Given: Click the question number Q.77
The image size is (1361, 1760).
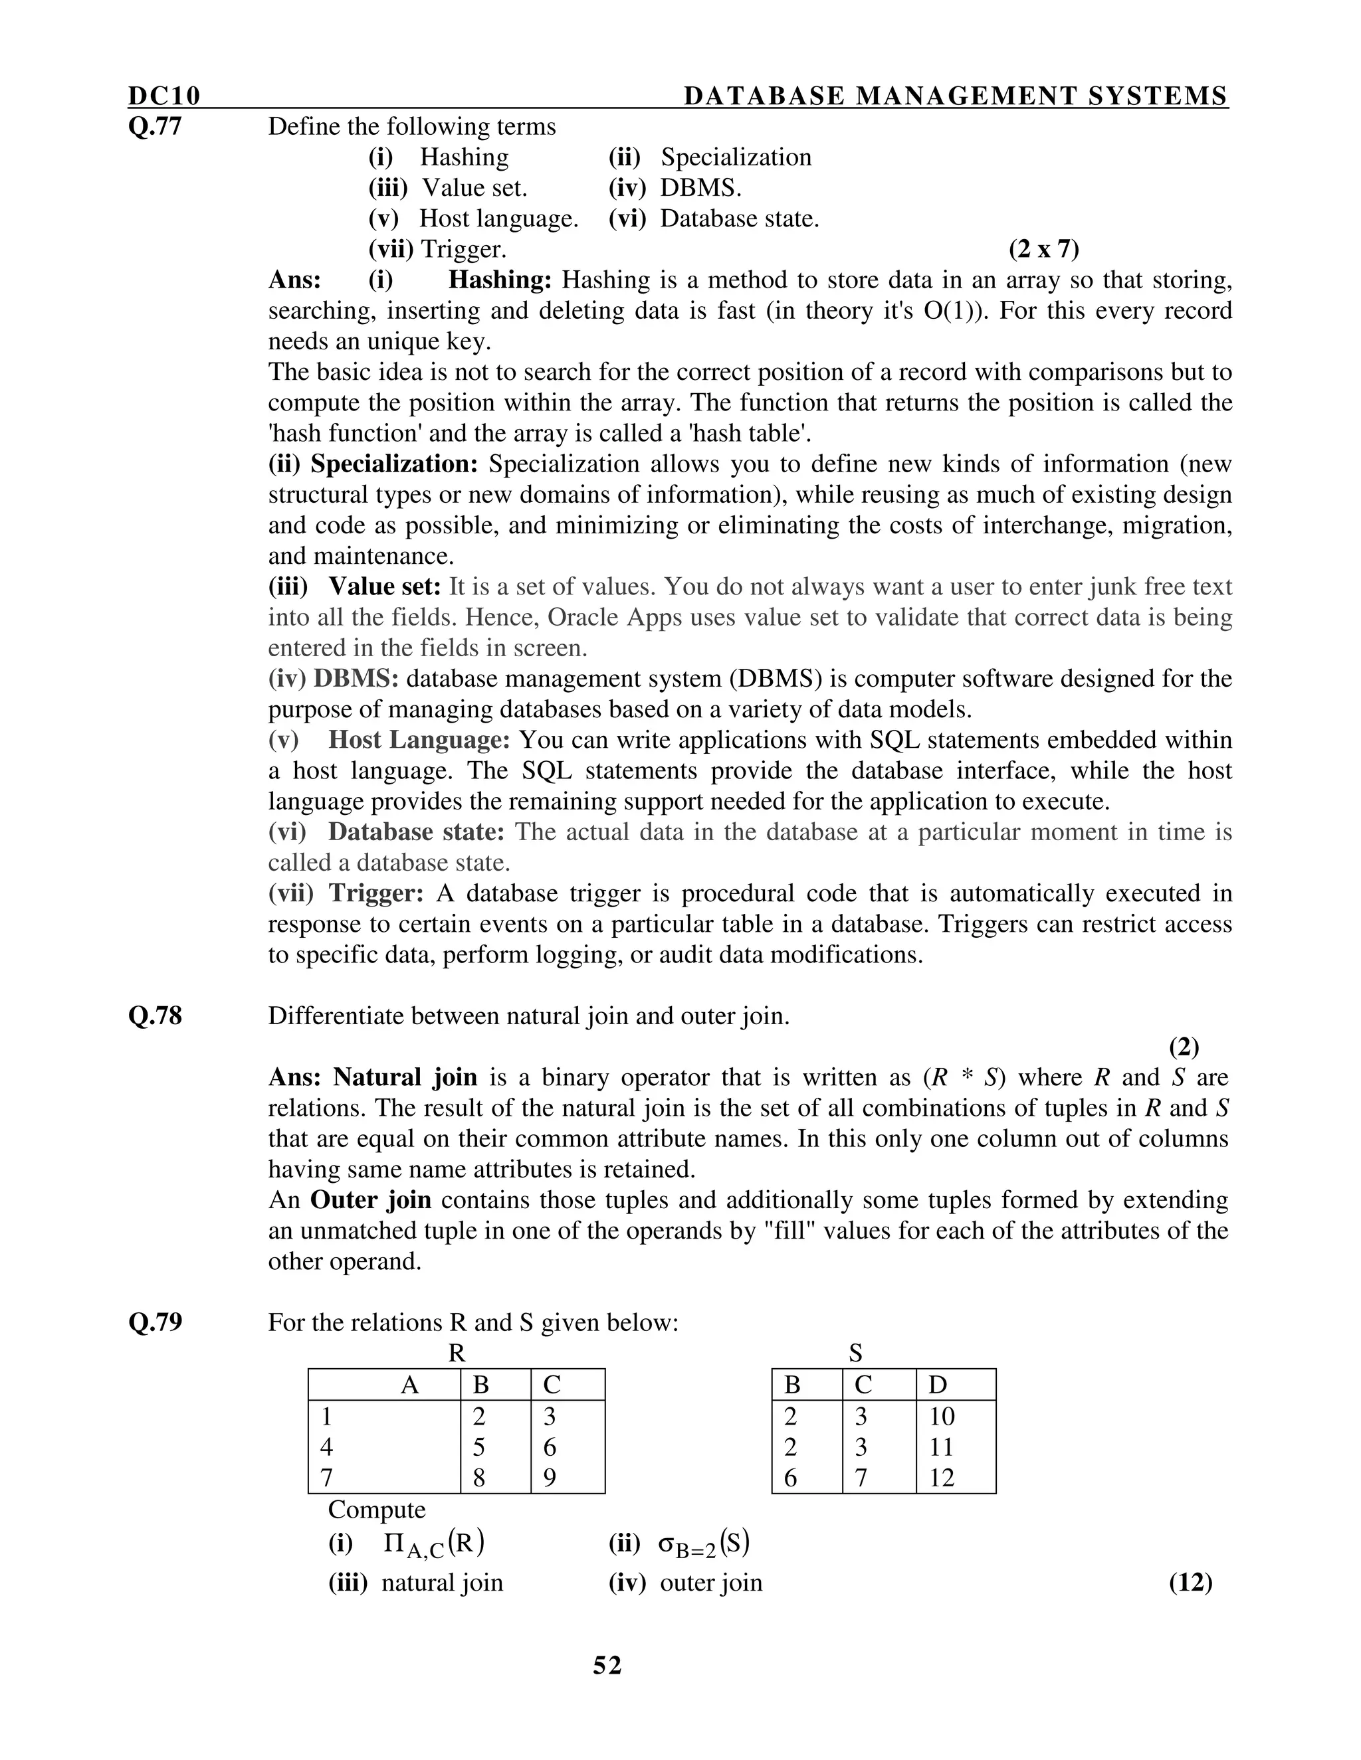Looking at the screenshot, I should pyautogui.click(x=155, y=126).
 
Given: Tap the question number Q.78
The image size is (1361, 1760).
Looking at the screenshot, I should pyautogui.click(x=155, y=1016).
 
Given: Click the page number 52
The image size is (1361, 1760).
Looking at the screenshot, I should pyautogui.click(x=607, y=1666).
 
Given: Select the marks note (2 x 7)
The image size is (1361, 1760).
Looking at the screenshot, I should pyautogui.click(x=1043, y=249).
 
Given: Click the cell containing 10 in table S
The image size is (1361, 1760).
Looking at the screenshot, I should pyautogui.click(x=941, y=1417).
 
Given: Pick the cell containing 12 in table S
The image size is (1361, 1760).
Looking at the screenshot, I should pyautogui.click(x=941, y=1478).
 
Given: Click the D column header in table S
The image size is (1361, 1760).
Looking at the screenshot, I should pyautogui.click(x=937, y=1385).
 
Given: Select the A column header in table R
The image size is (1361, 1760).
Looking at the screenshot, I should pyautogui.click(x=409, y=1385).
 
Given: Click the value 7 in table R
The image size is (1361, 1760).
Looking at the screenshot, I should pyautogui.click(x=326, y=1478).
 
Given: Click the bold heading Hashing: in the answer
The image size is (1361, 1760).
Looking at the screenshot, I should pyautogui.click(x=500, y=280).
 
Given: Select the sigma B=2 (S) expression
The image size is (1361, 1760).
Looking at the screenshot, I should pyautogui.click(x=703, y=1543).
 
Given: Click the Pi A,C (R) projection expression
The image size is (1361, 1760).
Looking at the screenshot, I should pyautogui.click(x=434, y=1543).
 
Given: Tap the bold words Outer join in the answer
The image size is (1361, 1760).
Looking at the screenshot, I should pyautogui.click(x=371, y=1200).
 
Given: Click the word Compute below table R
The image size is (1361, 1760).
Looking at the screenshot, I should pyautogui.click(x=377, y=1510).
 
